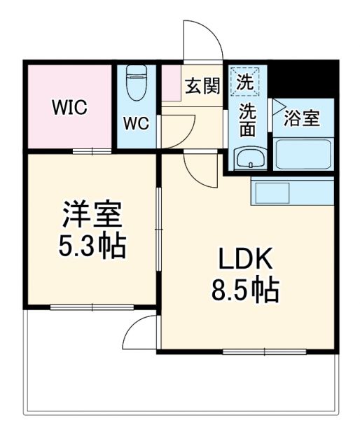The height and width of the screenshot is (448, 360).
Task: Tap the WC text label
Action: point(137,123)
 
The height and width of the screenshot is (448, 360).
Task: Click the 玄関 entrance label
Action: point(202,87)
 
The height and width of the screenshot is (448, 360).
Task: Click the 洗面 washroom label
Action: point(247,119)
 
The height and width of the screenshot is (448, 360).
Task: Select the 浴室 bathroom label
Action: point(302,118)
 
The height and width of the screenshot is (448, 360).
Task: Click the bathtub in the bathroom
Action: point(303,154)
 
